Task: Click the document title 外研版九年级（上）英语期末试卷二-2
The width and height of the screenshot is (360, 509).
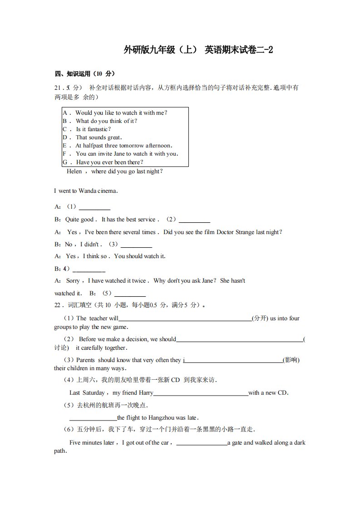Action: coord(198,50)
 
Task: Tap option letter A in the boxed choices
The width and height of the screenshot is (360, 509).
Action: coord(65,113)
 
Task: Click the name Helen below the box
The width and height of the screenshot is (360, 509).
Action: coord(74,171)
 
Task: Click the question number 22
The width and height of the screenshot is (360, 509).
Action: coord(58,305)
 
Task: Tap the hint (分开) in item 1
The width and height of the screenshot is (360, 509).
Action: coord(260,318)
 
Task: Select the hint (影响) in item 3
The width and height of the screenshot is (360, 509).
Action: coord(291,360)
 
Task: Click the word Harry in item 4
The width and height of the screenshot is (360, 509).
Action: coord(143,393)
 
